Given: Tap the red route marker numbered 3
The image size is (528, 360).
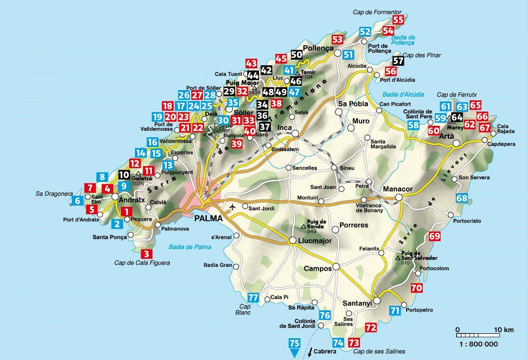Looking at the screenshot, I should (147, 254).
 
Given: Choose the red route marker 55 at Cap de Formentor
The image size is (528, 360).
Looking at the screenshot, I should (398, 20).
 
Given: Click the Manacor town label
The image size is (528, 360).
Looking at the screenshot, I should (397, 189).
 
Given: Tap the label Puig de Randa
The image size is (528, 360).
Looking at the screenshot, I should (316, 223).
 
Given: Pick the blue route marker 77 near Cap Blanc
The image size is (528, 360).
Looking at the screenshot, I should (252, 298).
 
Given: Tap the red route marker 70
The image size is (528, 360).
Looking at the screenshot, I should (416, 288).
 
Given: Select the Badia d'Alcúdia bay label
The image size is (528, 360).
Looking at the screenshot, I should (397, 94).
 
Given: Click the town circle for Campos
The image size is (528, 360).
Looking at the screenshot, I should (336, 267).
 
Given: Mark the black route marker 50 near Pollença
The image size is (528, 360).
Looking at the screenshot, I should (296, 54).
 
